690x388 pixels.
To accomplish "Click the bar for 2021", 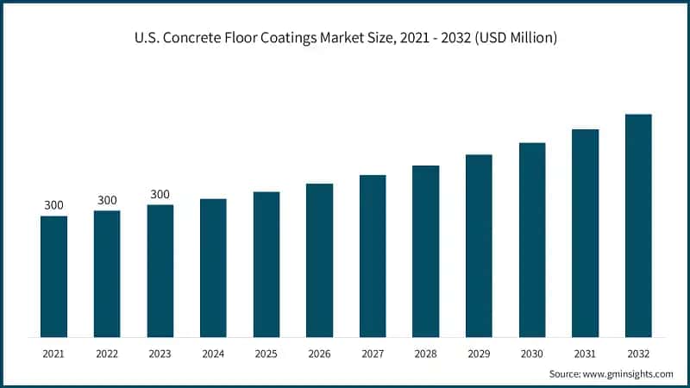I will [x=53, y=276].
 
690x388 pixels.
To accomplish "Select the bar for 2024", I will [x=213, y=267].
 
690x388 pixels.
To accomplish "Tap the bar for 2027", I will [x=373, y=255].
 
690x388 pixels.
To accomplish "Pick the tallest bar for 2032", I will [x=638, y=225].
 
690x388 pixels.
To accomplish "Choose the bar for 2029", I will [x=479, y=246].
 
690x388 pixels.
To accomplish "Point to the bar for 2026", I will [x=319, y=260].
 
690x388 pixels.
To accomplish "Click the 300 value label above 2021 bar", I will [x=53, y=205].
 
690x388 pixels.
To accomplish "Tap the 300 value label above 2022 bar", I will [x=107, y=200].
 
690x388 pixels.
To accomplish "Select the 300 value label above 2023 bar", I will [x=160, y=194].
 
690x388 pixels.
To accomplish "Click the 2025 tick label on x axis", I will [x=267, y=354].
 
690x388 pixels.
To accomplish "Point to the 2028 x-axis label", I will [x=426, y=354].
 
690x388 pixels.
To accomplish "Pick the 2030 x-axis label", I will [x=532, y=354].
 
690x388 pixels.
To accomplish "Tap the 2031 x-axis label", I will [x=586, y=354].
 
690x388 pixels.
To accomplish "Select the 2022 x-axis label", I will [x=107, y=354].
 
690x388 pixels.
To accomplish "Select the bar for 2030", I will [x=532, y=240].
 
